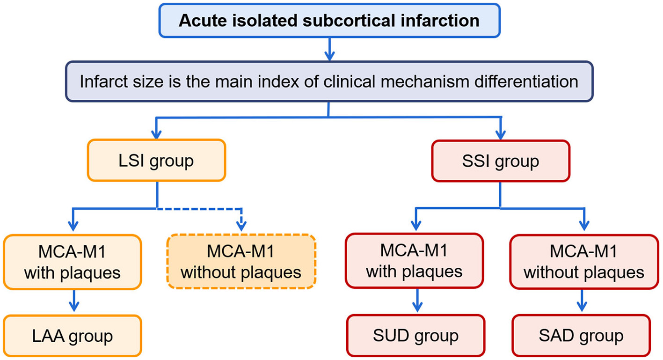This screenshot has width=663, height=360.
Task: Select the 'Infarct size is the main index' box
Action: (329, 81)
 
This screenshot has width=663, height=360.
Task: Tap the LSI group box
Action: (156, 161)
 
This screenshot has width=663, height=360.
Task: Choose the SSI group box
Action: (501, 161)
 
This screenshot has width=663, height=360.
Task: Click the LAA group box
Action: (72, 336)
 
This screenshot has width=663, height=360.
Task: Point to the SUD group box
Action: (415, 336)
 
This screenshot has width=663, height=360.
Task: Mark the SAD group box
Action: (581, 336)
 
